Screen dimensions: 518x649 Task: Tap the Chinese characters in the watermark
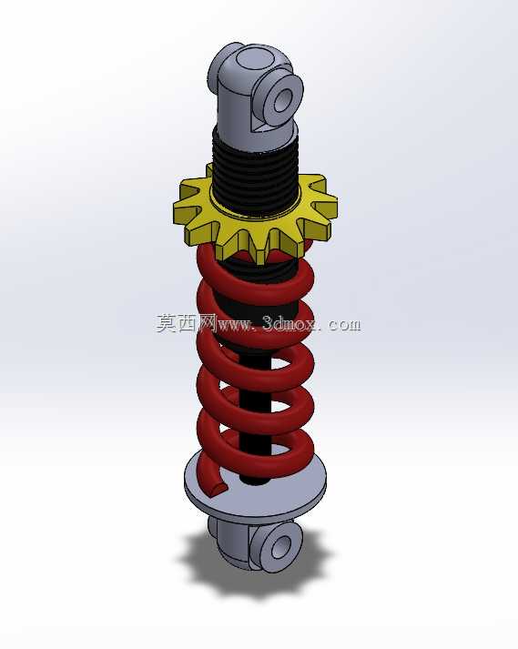tap(187, 322)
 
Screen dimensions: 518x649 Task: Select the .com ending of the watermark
tap(343, 325)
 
